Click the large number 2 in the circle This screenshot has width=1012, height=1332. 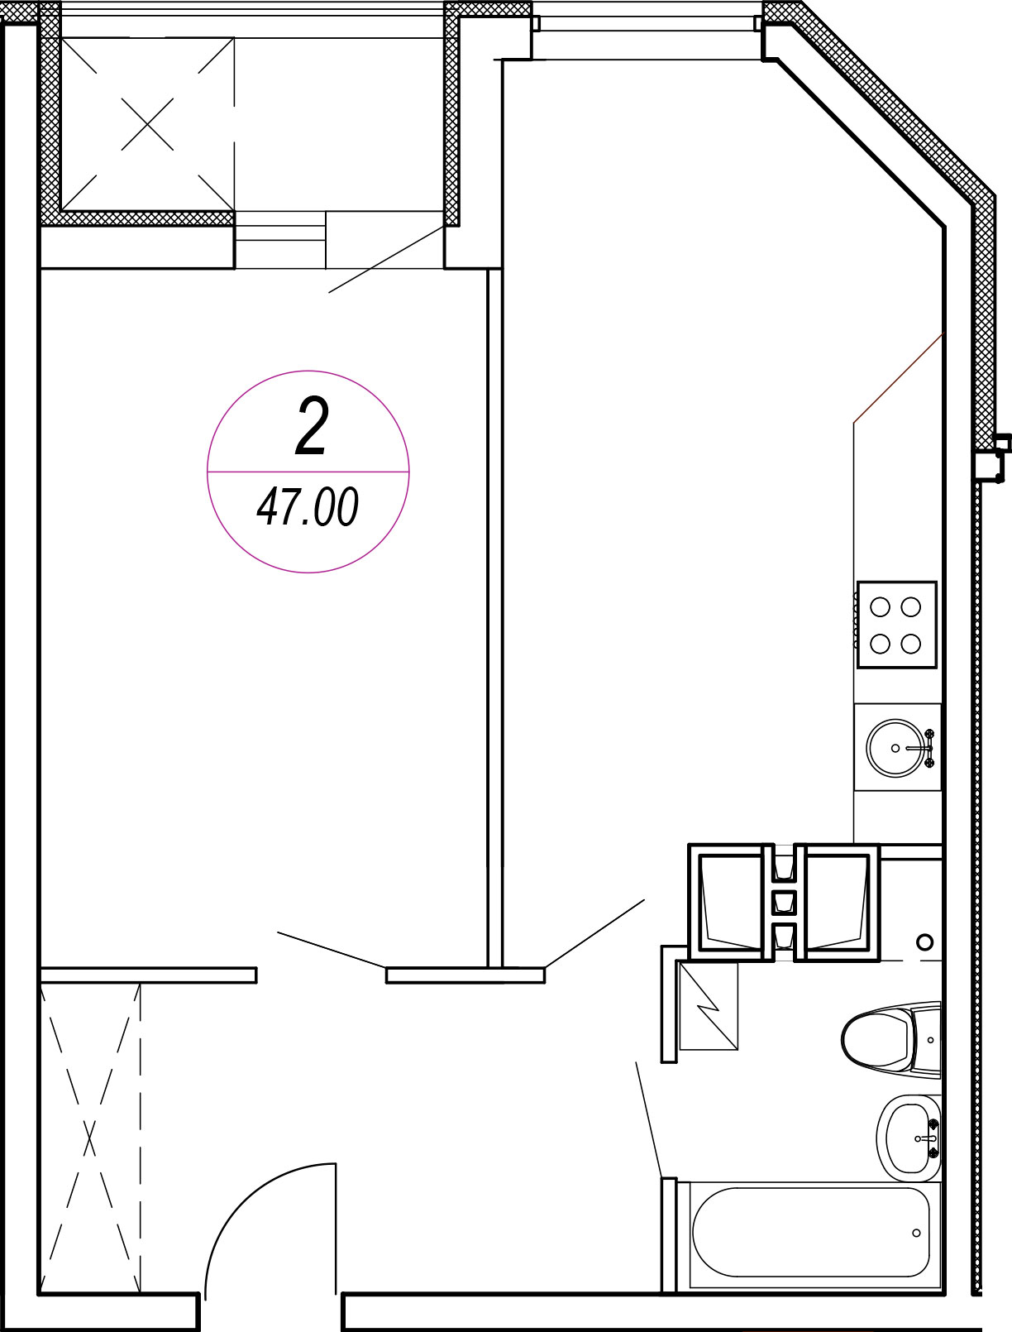[312, 427]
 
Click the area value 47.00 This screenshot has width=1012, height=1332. [308, 506]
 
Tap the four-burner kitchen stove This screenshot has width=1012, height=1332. [897, 625]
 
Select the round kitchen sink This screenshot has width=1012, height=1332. [897, 748]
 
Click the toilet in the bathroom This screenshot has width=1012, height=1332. [890, 1039]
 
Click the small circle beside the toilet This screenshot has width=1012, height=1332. [924, 942]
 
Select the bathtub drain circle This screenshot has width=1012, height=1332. [916, 1233]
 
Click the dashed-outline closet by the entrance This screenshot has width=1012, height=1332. [90, 1139]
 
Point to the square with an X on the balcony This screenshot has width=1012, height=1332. [147, 124]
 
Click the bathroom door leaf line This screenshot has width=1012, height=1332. [648, 1120]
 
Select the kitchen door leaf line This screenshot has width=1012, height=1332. [594, 933]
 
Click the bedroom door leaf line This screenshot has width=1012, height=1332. [332, 950]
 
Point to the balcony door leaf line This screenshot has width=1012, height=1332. [386, 259]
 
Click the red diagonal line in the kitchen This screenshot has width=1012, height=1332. [899, 377]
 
